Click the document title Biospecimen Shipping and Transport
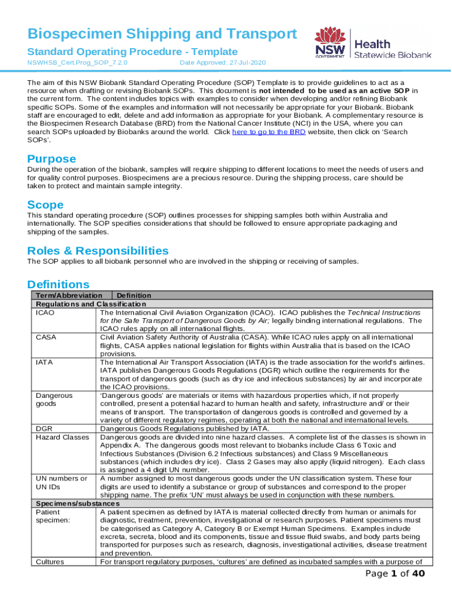(162, 34)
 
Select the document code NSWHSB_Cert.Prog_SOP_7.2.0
(77, 62)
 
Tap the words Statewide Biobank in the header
(393, 54)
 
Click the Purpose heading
(52, 159)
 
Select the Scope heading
(45, 204)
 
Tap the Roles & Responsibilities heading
(98, 250)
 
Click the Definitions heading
(58, 284)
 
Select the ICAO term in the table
(45, 313)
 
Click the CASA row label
(46, 337)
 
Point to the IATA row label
(45, 362)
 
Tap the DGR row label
(45, 428)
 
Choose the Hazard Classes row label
(62, 437)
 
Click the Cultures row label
(50, 561)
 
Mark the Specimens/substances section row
(77, 503)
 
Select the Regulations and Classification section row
(90, 304)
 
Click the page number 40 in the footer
(417, 574)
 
